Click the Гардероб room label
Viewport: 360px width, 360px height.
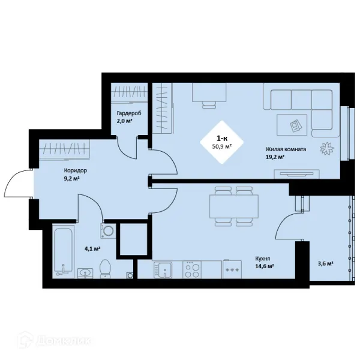129,113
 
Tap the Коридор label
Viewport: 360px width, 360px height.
76,170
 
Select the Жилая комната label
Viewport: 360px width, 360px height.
286,149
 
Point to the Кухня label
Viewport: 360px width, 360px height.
263,259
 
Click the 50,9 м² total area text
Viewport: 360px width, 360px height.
221,146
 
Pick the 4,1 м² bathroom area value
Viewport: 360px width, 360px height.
92,248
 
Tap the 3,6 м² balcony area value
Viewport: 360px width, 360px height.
325,263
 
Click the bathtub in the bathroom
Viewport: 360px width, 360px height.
63,251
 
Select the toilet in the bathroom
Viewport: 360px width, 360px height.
106,269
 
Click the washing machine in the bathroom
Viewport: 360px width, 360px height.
108,231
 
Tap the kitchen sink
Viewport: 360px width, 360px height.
163,270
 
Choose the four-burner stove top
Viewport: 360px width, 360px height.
192,270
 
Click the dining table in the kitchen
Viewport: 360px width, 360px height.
234,206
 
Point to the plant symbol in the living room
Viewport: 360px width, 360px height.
327,149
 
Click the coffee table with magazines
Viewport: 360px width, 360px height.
292,125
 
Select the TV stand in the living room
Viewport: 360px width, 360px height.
296,174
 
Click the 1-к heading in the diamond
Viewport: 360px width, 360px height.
222,138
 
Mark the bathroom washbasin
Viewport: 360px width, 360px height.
85,273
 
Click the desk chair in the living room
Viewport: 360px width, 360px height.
209,105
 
